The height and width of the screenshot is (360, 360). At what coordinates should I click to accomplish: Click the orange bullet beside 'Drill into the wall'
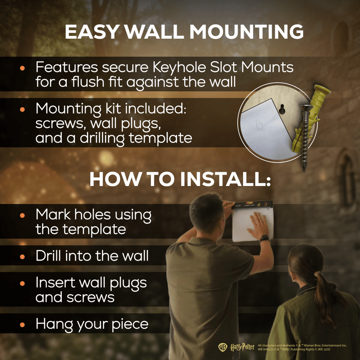[22, 256]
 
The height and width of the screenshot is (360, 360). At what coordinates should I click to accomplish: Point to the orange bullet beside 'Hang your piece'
[22, 325]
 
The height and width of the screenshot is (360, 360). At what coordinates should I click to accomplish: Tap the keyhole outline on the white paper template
[259, 124]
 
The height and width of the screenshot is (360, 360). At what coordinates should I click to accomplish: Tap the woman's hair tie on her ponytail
[318, 274]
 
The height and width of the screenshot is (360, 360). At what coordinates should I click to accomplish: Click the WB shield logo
[222, 347]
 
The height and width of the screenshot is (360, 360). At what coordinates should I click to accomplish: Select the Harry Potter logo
[242, 347]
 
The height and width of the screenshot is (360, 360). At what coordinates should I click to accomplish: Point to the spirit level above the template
[252, 205]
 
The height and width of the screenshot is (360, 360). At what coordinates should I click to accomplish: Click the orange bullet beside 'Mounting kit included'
[22, 109]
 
